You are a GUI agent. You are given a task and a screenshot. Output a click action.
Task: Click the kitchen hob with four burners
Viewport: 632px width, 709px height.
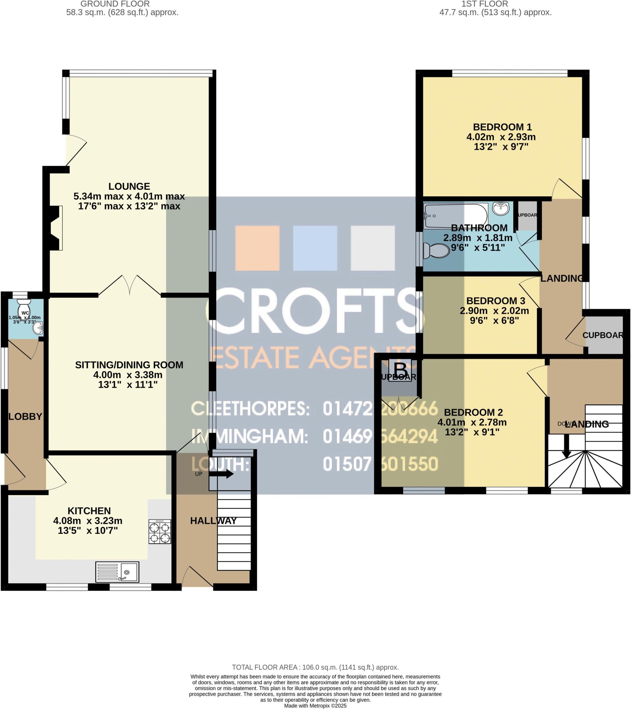point(160,531)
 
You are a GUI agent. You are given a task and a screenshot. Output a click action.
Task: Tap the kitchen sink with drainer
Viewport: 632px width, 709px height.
point(117,572)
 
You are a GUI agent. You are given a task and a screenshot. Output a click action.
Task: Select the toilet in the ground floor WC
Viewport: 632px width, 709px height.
point(24,308)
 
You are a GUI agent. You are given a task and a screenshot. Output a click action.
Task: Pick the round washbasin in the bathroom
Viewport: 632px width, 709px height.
point(501,209)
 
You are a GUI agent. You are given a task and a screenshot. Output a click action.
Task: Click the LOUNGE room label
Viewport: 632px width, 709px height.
point(129,187)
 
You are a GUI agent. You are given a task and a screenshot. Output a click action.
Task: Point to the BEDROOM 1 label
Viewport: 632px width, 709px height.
point(502,127)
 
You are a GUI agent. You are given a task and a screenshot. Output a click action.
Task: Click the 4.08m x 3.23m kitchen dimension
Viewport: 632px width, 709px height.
point(88,521)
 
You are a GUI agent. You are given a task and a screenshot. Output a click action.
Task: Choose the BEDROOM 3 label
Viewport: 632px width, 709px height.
point(496,301)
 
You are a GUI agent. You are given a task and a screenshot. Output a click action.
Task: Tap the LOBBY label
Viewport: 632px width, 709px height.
point(25,416)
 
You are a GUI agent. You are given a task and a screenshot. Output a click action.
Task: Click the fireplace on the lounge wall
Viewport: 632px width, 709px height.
point(55,228)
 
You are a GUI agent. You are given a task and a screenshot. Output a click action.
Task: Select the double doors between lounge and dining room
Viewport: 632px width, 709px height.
point(130,285)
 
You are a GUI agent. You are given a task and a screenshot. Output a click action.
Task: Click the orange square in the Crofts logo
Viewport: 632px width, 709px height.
point(257,248)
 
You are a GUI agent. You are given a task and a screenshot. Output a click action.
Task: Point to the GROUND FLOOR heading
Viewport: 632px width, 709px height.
point(115,4)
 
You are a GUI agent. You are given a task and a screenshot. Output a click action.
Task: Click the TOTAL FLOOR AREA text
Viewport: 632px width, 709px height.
point(315,667)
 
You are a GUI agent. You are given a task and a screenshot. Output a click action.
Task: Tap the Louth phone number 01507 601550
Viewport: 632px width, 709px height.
point(380,464)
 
